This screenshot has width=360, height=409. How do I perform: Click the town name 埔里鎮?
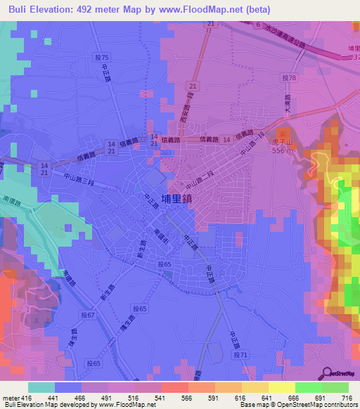tap(176, 199)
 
